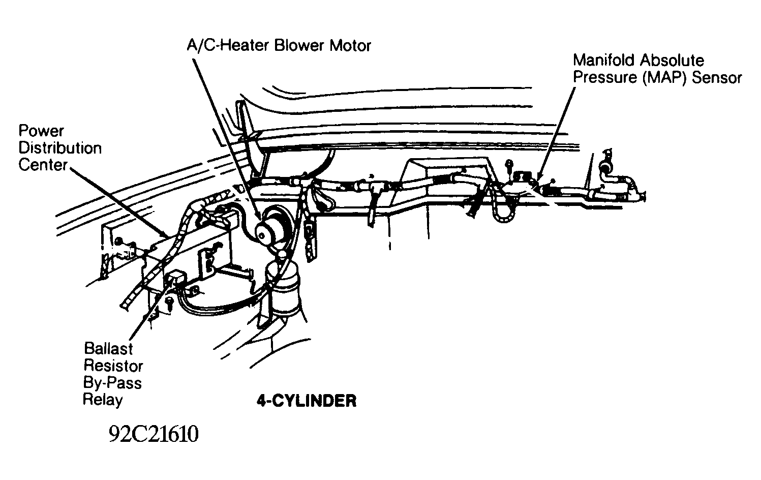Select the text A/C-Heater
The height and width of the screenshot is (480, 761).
[x=228, y=46]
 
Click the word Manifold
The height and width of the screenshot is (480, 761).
[x=603, y=61]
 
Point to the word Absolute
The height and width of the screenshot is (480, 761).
[x=672, y=61]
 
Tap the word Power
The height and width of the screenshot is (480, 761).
[x=42, y=131]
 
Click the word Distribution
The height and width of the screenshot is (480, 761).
[x=60, y=148]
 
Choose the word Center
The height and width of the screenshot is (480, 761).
[x=43, y=165]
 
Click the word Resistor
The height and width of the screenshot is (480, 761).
[x=113, y=366]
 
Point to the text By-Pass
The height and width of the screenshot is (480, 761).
[x=112, y=382]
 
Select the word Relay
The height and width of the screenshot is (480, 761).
[x=103, y=400]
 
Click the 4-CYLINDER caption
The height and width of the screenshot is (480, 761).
[x=306, y=401]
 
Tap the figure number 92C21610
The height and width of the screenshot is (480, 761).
[x=153, y=435]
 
